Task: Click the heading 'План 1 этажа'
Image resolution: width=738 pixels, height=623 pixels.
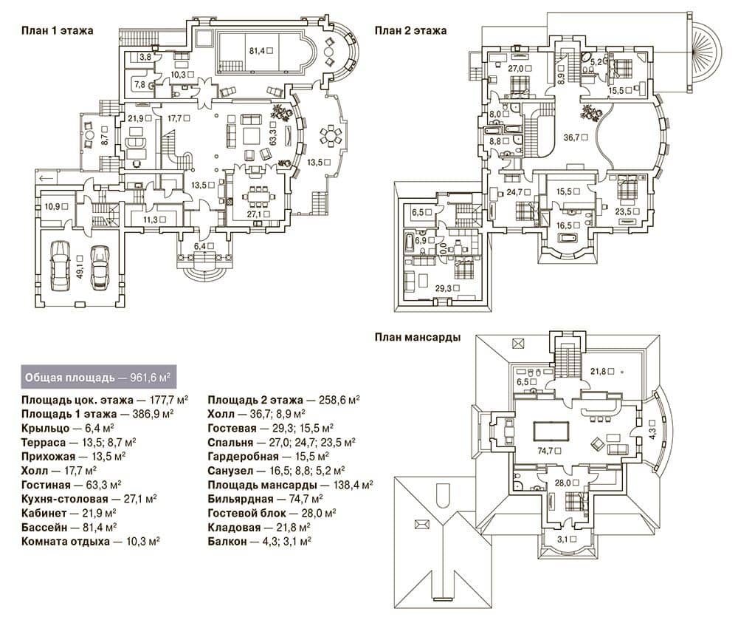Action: [x=58, y=30]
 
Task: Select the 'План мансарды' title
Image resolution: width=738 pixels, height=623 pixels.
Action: [x=418, y=337]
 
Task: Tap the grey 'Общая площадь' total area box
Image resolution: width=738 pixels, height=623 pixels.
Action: [x=99, y=377]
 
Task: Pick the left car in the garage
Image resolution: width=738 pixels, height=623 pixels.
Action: [x=60, y=265]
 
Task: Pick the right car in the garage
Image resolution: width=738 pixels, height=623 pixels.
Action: [x=100, y=268]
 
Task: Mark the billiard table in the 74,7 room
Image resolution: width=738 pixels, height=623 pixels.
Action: [x=551, y=431]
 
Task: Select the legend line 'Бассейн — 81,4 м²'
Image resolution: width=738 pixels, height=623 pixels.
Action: [x=69, y=528]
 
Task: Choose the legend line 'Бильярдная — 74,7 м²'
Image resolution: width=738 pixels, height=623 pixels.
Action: [x=265, y=499]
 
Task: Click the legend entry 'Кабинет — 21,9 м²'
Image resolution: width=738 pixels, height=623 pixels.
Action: [x=69, y=513]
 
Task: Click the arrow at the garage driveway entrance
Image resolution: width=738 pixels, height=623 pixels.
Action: [x=46, y=177]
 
